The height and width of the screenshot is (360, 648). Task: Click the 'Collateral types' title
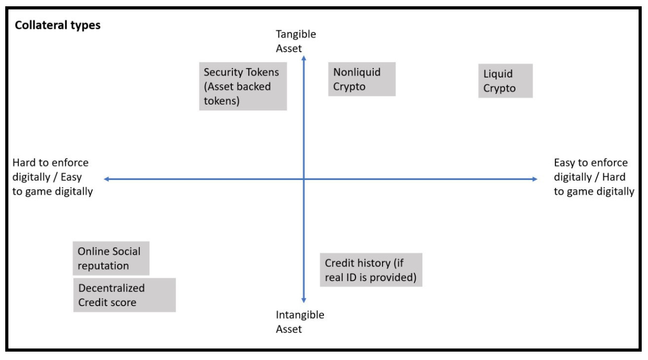click(58, 26)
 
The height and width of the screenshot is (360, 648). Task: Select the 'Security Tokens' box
click(243, 86)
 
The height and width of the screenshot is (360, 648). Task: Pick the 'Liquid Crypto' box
click(506, 81)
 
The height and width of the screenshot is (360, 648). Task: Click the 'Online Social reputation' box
click(111, 258)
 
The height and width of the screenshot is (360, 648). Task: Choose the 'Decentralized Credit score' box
click(124, 295)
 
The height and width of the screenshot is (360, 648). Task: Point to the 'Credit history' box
click(371, 270)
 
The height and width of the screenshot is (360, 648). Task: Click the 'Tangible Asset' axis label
click(296, 41)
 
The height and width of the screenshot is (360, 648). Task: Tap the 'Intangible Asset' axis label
click(300, 322)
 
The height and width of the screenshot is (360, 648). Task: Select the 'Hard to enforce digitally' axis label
click(52, 177)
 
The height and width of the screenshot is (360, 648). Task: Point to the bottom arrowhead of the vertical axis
click(304, 300)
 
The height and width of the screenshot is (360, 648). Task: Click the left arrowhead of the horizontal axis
click(106, 179)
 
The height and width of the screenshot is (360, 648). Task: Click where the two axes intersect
click(304, 179)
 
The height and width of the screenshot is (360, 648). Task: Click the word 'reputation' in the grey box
click(103, 265)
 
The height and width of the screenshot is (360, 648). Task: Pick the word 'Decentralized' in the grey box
click(111, 288)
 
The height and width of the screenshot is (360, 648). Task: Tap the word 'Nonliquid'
click(357, 72)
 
